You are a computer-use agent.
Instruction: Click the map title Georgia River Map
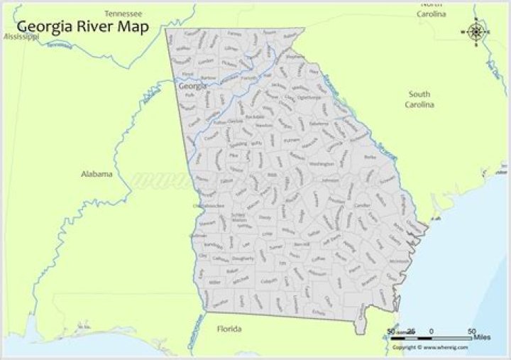[x=82, y=28]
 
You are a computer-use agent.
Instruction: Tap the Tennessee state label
[x=123, y=13]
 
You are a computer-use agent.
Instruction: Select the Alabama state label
[x=97, y=174]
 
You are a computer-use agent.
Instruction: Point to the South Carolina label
[x=419, y=99]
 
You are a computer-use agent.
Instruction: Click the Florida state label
[x=229, y=329]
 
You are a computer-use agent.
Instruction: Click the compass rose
[x=476, y=31]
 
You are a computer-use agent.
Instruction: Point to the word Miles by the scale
[x=481, y=337]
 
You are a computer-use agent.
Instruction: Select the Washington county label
[x=322, y=164]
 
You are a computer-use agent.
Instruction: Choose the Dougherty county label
[x=243, y=260]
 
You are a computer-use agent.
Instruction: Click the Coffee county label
[x=318, y=260]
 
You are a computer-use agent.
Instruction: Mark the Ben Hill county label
[x=301, y=244]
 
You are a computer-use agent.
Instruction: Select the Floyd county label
[x=187, y=74]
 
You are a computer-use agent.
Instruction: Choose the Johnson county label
[x=330, y=180]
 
